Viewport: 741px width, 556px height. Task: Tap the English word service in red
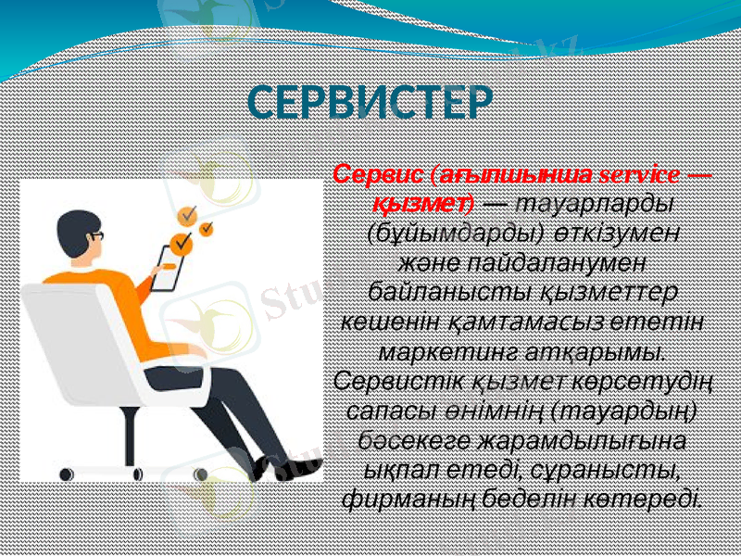(x=639, y=174)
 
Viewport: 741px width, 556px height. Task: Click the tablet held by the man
(x=169, y=269)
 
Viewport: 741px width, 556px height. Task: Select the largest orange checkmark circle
(x=182, y=242)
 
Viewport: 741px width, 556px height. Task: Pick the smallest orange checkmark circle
(x=207, y=227)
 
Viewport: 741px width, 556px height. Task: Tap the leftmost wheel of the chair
(x=67, y=474)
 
